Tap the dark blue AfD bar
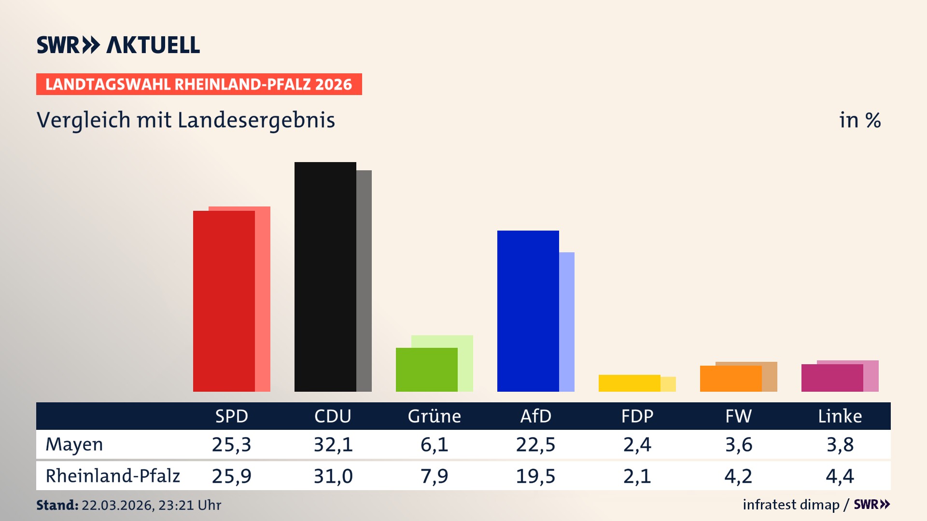click(x=528, y=311)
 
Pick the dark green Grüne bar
click(x=426, y=370)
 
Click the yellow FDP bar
click(x=629, y=383)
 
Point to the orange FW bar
click(x=730, y=379)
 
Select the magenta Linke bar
click(x=832, y=378)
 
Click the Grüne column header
click(x=434, y=416)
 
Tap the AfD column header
click(x=535, y=416)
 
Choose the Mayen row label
click(x=74, y=444)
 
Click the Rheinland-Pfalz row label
click(x=112, y=476)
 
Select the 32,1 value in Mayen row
click(x=333, y=444)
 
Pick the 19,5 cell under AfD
click(x=535, y=476)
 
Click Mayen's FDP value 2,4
click(x=637, y=444)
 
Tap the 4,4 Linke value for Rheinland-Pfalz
click(x=840, y=476)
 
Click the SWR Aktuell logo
click(x=118, y=45)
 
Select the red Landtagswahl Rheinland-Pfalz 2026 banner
click(x=199, y=84)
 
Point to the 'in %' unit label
click(x=860, y=120)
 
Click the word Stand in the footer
click(x=57, y=505)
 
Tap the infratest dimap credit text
click(x=791, y=505)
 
